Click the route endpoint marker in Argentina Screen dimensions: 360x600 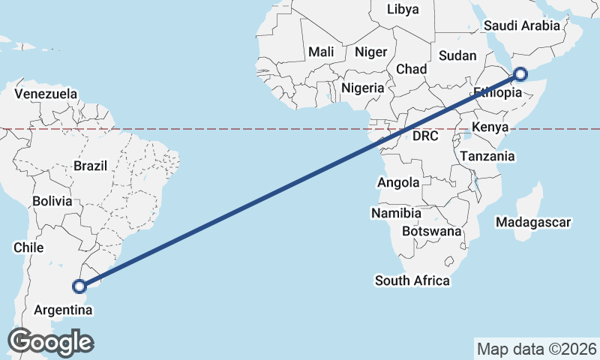(79, 286)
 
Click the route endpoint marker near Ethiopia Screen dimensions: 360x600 (520, 74)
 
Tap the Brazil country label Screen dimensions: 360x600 (91, 166)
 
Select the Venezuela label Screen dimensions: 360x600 (46, 94)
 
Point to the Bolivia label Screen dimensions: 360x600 (52, 202)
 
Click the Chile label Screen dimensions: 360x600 (28, 247)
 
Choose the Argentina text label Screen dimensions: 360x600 (63, 310)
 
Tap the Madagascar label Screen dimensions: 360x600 (534, 222)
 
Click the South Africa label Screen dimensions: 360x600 (412, 281)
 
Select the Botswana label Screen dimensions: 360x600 (431, 232)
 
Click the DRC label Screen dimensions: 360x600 (425, 136)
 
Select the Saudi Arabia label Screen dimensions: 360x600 (522, 25)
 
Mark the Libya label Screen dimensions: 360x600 (403, 10)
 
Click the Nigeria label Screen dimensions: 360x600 (363, 88)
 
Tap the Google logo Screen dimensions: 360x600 (50, 342)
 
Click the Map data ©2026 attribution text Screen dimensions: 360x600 (536, 349)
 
